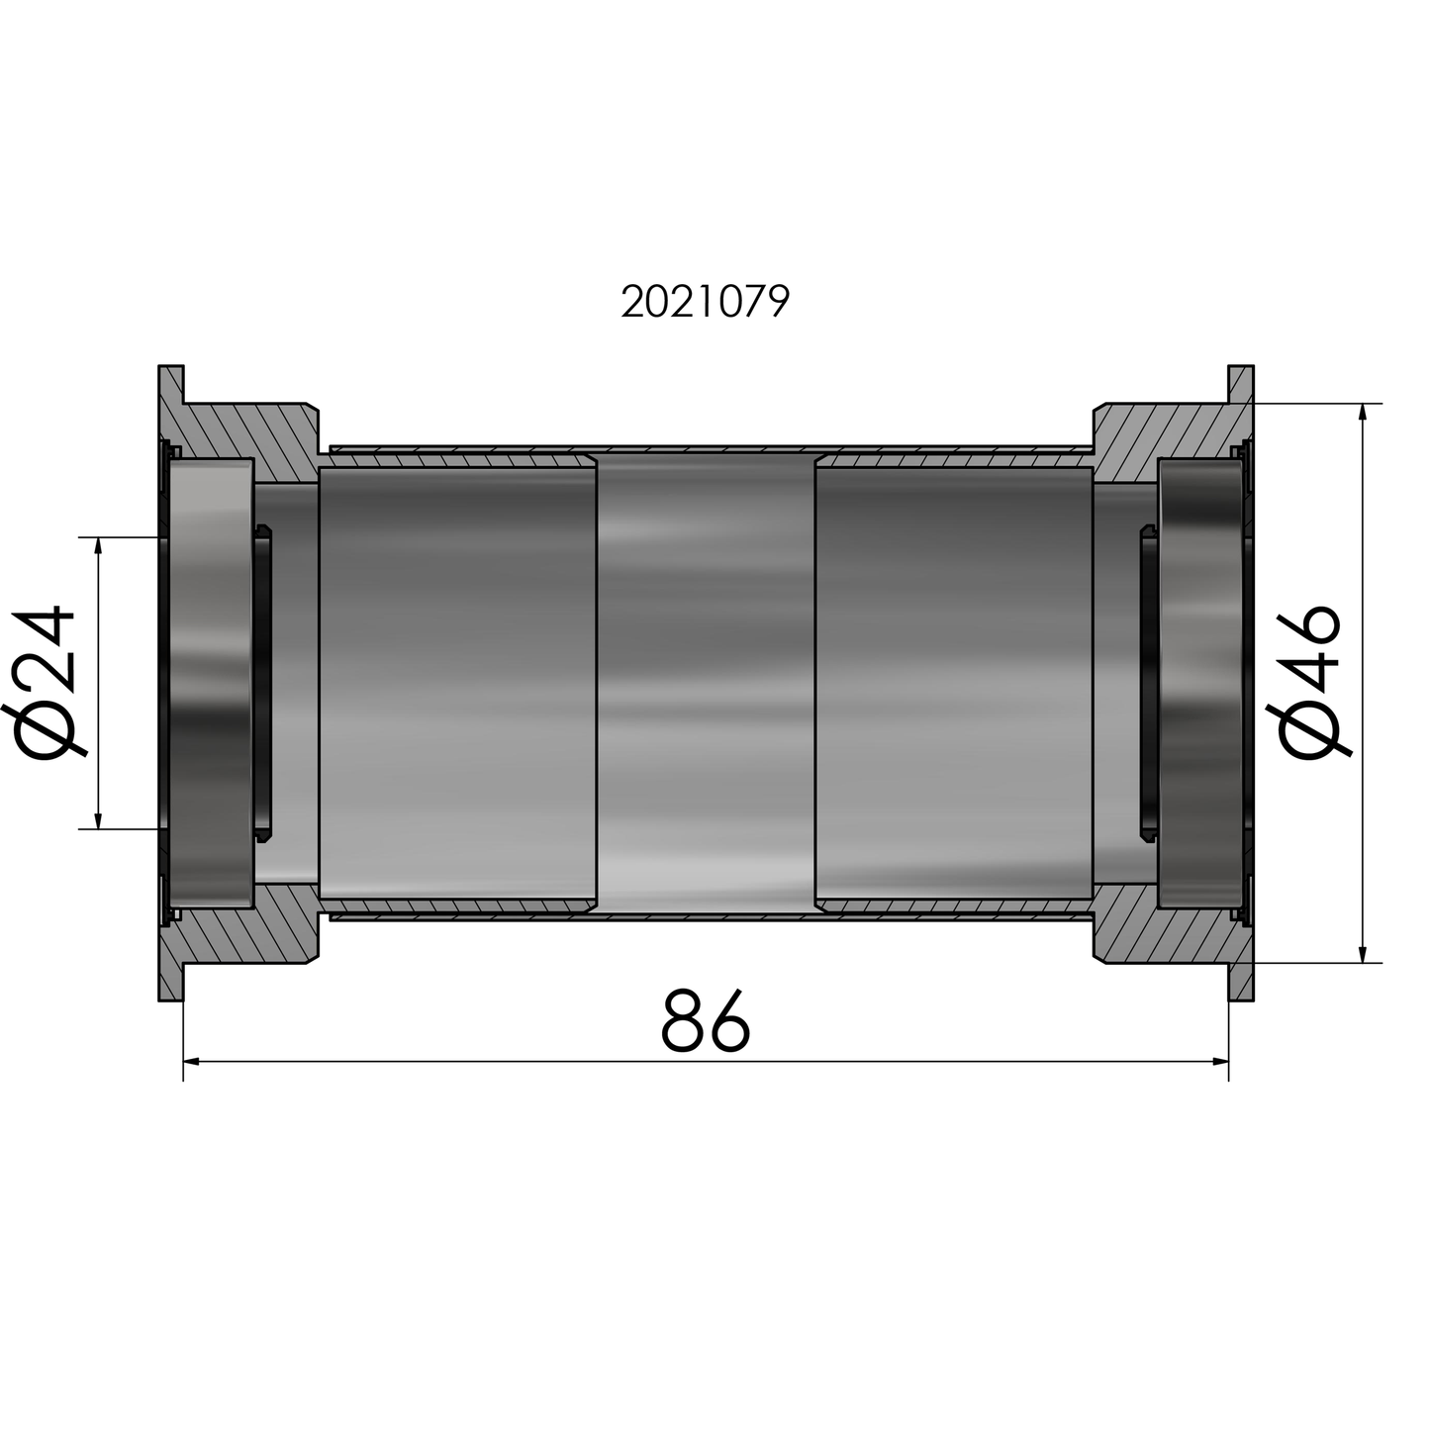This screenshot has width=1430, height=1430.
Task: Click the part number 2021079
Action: [x=705, y=302]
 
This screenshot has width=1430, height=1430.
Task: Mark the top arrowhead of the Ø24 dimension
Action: [x=98, y=545]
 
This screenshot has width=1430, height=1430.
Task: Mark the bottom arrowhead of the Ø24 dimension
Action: [x=98, y=820]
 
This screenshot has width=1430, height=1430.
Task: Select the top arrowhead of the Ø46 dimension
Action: [x=1364, y=412]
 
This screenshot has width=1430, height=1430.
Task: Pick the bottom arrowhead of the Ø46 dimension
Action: [x=1364, y=954]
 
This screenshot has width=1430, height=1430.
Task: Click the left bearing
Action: [x=212, y=683]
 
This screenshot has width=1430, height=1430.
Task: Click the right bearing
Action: [x=1199, y=683]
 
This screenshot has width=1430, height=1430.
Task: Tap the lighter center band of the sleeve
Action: [x=706, y=683]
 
